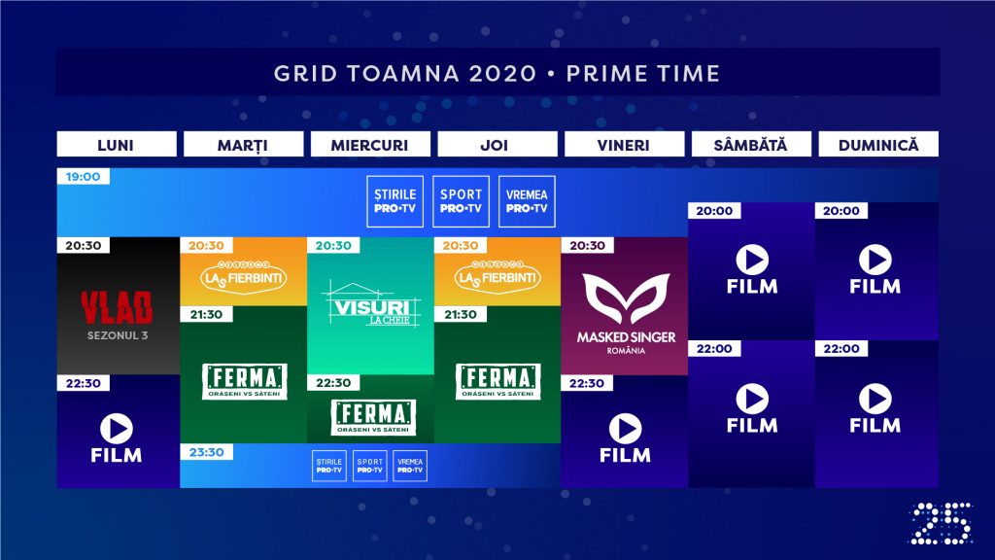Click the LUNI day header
(x=117, y=145)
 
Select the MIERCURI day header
(x=370, y=145)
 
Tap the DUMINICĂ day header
(x=878, y=145)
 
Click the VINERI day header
(x=624, y=145)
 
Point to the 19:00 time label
(x=84, y=177)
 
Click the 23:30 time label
(x=206, y=452)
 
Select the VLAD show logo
(x=118, y=307)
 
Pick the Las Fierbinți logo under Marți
(x=244, y=279)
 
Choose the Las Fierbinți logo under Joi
(x=497, y=279)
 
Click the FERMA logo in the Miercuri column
(x=370, y=415)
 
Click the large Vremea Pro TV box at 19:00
(x=527, y=201)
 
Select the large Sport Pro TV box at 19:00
(x=462, y=201)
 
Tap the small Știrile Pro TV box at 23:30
(x=329, y=466)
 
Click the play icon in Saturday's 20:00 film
(x=752, y=260)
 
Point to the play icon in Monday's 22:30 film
(x=117, y=429)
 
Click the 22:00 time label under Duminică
(x=841, y=348)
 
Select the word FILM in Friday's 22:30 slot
(x=625, y=455)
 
